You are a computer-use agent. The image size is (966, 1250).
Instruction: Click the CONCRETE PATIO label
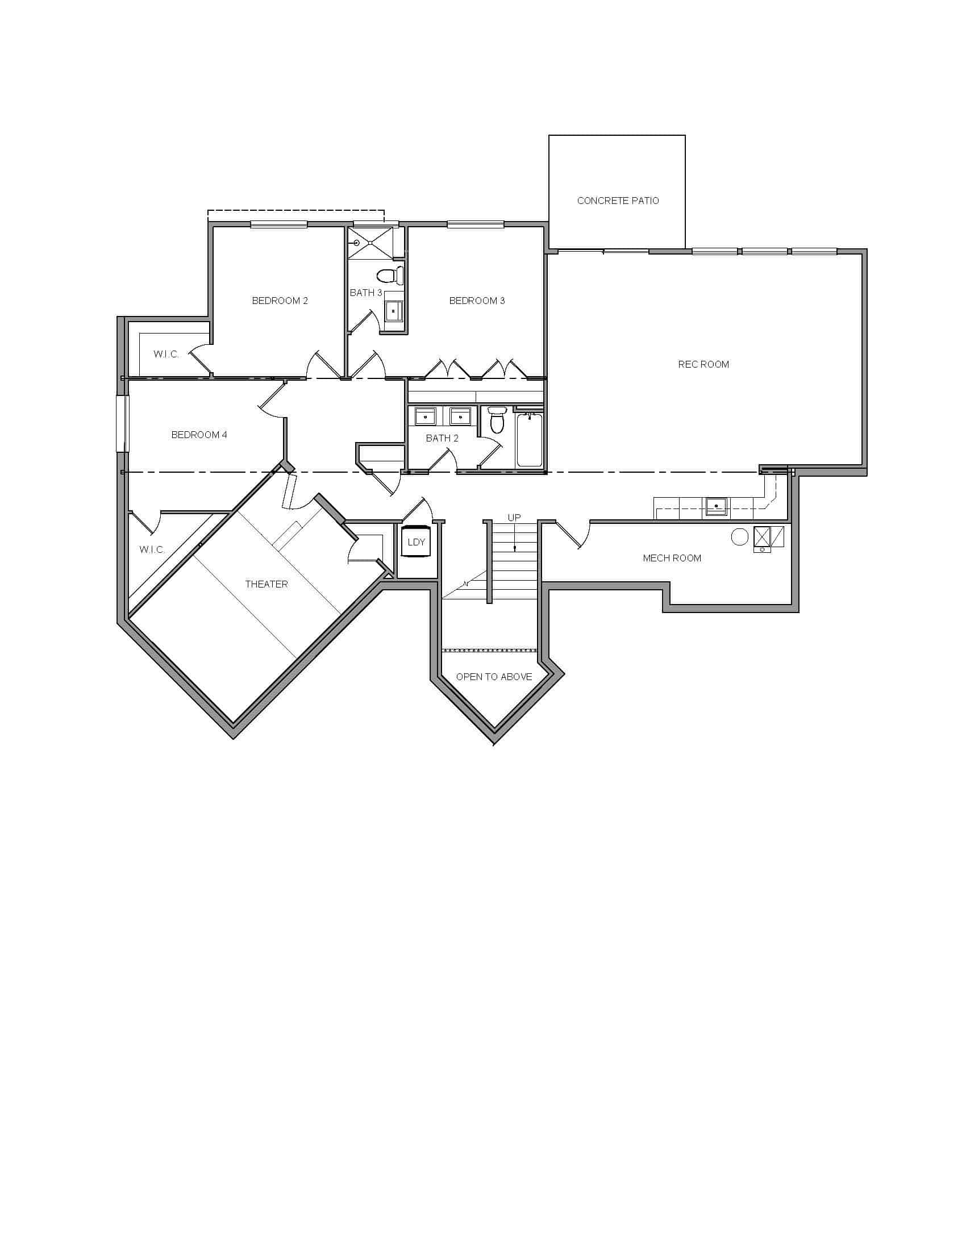click(x=618, y=201)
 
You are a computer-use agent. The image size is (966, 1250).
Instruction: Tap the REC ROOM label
click(x=703, y=365)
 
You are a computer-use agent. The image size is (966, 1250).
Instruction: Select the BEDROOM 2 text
click(x=280, y=301)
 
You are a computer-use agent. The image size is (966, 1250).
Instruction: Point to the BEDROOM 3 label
click(x=477, y=301)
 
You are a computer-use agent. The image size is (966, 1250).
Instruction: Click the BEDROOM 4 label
click(x=199, y=435)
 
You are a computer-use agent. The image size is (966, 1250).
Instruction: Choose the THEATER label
click(x=266, y=584)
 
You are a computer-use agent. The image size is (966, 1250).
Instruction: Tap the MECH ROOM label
click(x=672, y=558)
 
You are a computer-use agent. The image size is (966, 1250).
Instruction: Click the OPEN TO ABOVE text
click(x=494, y=677)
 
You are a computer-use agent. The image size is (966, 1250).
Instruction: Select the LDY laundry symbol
click(x=416, y=541)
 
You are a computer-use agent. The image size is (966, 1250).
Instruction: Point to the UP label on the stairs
click(x=514, y=518)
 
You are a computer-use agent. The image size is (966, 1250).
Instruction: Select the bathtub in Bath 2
click(x=530, y=440)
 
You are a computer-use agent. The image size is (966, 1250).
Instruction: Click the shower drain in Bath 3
click(x=356, y=243)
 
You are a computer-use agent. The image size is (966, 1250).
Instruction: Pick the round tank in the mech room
click(x=739, y=537)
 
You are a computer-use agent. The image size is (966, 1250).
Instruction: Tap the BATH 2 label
click(x=442, y=439)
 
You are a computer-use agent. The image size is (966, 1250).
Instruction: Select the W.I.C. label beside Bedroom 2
click(x=166, y=355)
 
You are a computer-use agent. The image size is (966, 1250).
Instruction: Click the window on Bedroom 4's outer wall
click(x=123, y=423)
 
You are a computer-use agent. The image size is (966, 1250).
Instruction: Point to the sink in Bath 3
click(x=393, y=311)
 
